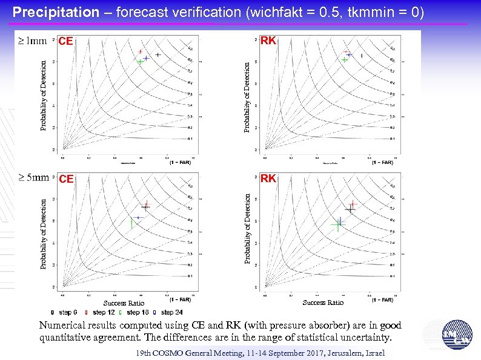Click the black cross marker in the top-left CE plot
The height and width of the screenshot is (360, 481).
pyautogui.click(x=158, y=55)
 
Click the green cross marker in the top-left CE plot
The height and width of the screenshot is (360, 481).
pyautogui.click(x=140, y=62)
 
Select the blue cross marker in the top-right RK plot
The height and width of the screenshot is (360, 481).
pyautogui.click(x=350, y=55)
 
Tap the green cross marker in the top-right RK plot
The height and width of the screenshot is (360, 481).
pyautogui.click(x=344, y=60)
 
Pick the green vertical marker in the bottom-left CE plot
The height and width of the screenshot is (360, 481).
pyautogui.click(x=132, y=223)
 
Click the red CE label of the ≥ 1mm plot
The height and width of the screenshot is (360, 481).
pyautogui.click(x=65, y=42)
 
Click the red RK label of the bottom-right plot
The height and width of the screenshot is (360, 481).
pyautogui.click(x=268, y=178)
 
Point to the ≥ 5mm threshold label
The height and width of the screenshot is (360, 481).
pyautogui.click(x=33, y=178)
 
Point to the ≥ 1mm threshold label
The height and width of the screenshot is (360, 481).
pyautogui.click(x=32, y=41)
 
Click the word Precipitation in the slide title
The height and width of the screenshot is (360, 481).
pyautogui.click(x=55, y=12)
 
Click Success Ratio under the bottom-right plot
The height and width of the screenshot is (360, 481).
pyautogui.click(x=323, y=303)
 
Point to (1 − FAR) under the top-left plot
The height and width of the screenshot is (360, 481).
pyautogui.click(x=180, y=162)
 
